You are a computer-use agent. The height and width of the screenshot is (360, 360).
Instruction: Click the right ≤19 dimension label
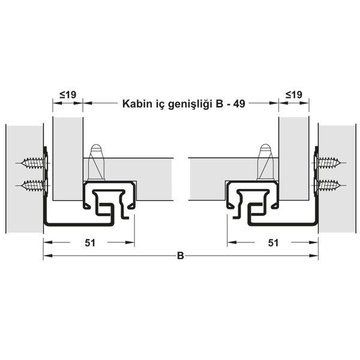(293, 94)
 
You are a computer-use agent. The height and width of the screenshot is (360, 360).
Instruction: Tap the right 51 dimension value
(273, 242)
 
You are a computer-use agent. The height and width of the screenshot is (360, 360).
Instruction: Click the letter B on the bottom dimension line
(180, 256)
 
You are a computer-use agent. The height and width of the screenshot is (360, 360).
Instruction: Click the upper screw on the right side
(329, 163)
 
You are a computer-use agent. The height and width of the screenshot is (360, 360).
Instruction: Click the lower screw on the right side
(329, 184)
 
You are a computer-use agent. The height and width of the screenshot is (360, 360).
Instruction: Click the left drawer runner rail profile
(108, 204)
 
